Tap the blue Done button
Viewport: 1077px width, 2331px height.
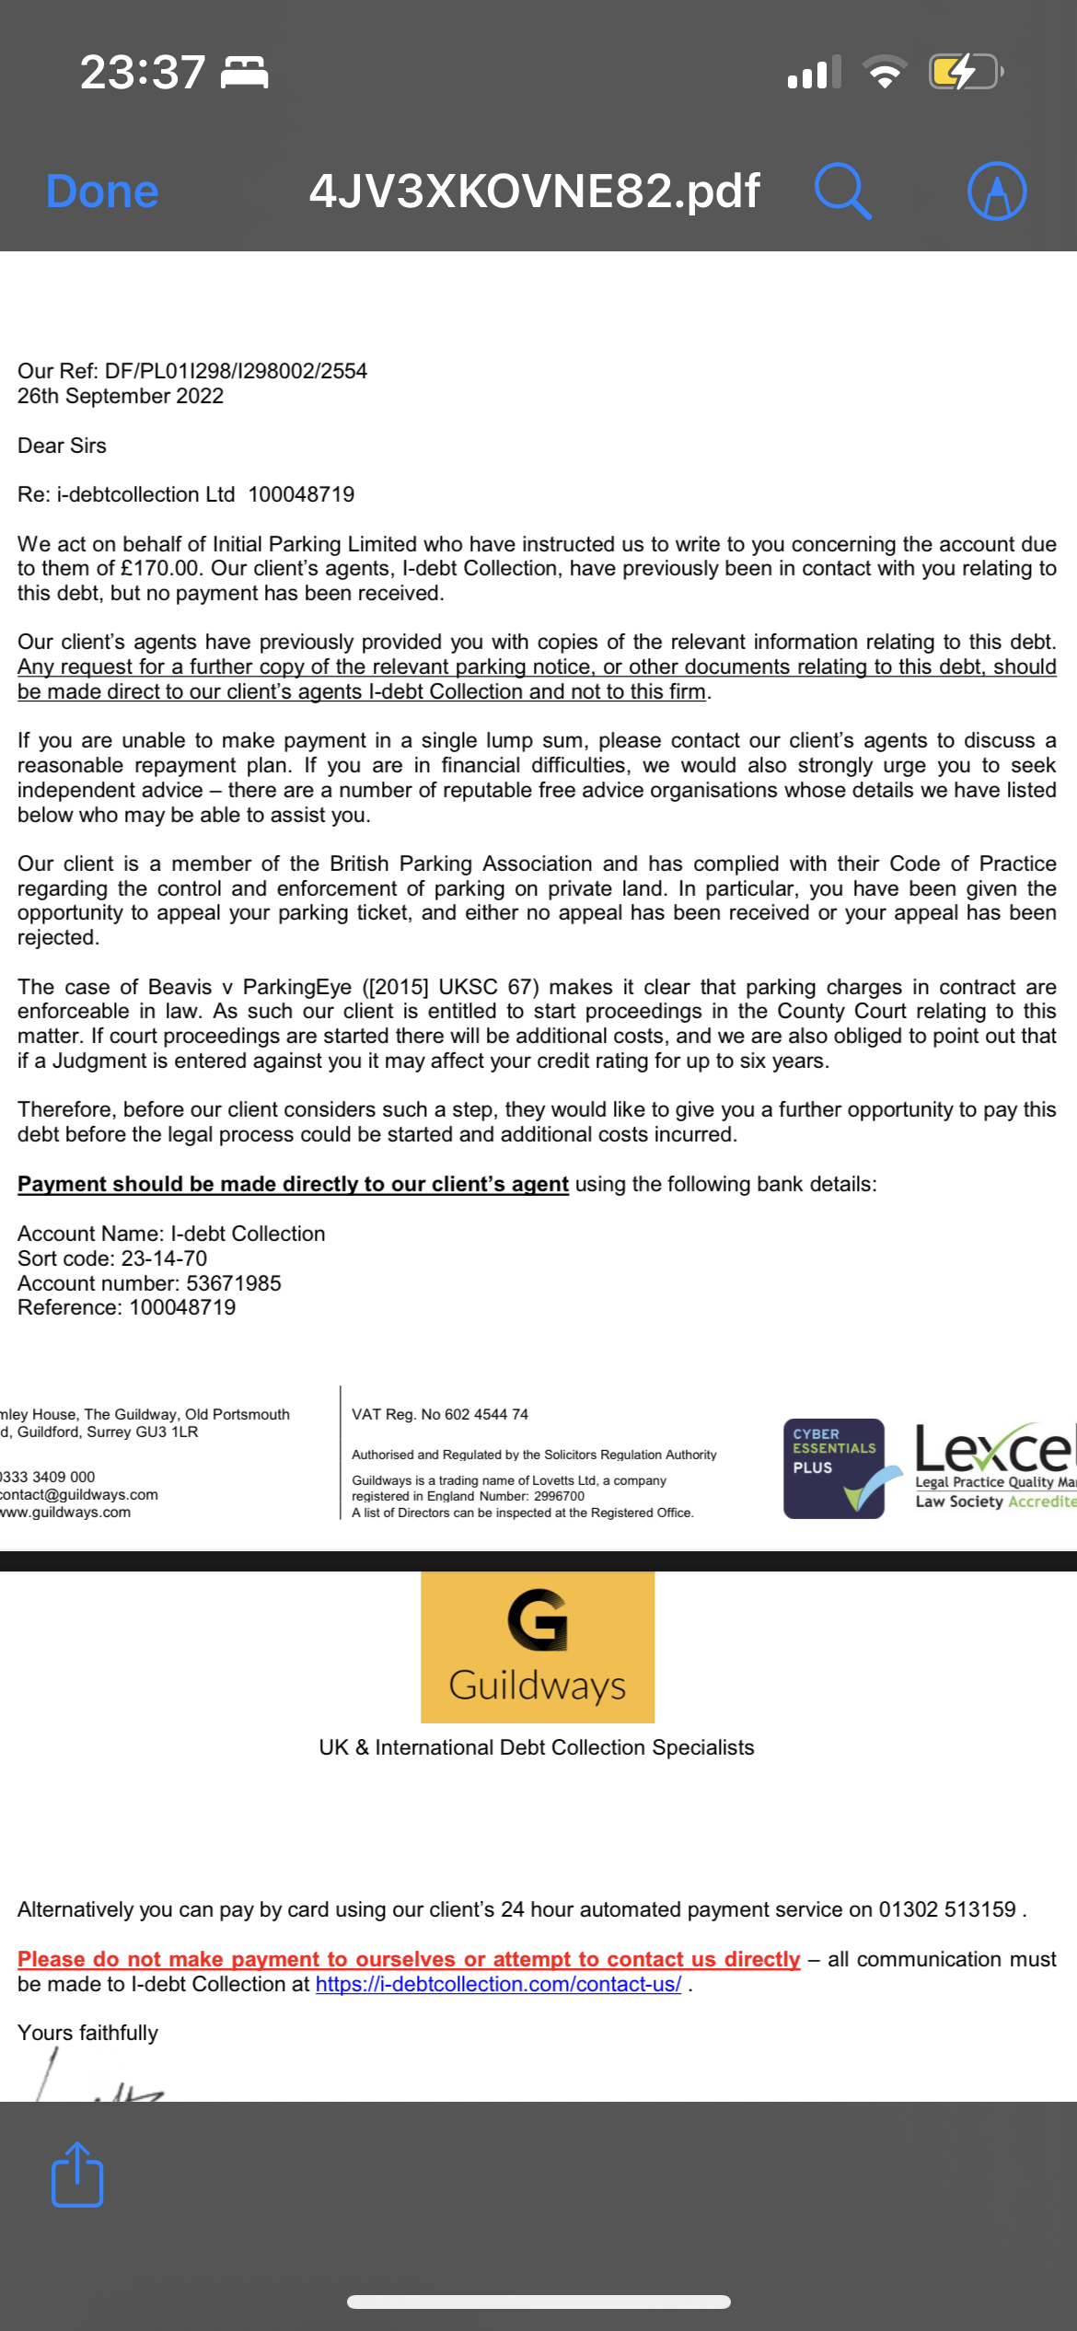point(102,191)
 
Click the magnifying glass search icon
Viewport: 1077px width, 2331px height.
point(842,191)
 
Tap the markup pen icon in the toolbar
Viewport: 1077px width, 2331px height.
point(997,191)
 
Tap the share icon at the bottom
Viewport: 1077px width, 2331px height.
point(77,2174)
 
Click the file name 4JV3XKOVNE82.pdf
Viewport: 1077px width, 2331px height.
point(534,191)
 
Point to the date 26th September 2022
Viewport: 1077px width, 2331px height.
point(121,396)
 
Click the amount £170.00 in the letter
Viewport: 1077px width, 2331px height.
point(160,569)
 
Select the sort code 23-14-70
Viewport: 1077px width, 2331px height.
point(164,1258)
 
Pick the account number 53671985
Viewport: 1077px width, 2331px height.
point(234,1283)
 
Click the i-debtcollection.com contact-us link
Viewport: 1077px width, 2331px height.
point(498,1984)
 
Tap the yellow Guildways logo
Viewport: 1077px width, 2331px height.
point(538,1646)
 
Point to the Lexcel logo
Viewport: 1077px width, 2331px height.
point(994,1464)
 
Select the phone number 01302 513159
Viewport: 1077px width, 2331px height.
point(947,1909)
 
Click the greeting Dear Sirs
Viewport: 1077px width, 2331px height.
point(62,446)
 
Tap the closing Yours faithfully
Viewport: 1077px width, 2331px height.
point(87,2033)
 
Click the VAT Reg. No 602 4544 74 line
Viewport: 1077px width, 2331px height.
point(440,1414)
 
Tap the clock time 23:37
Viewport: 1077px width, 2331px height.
point(143,72)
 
